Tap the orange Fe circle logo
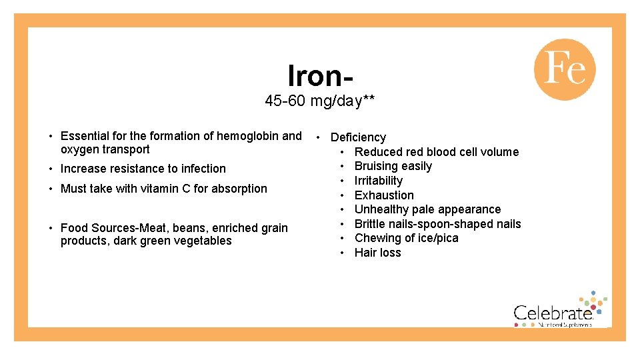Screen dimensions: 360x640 (x=564, y=69)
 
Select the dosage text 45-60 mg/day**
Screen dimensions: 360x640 (x=319, y=101)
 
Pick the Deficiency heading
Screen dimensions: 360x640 (x=358, y=137)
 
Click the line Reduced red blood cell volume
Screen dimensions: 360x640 (x=436, y=152)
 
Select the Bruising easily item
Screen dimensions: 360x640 (x=393, y=166)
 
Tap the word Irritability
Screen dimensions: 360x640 (x=378, y=181)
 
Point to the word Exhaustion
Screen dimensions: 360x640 (x=384, y=195)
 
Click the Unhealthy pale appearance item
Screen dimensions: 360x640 (x=427, y=209)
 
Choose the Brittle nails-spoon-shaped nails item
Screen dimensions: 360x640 (x=437, y=224)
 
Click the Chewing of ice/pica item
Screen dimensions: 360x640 (x=406, y=238)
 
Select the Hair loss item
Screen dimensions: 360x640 (x=377, y=253)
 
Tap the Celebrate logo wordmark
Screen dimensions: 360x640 (x=553, y=313)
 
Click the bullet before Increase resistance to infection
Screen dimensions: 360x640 (x=51, y=169)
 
